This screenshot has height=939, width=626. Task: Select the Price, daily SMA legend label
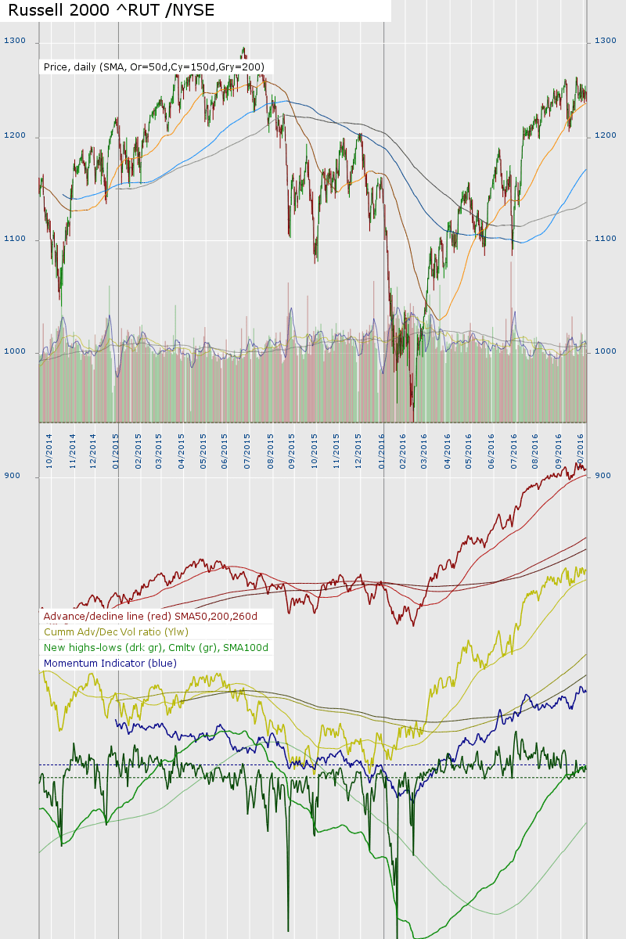[x=153, y=67]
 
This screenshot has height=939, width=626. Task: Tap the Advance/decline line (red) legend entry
[x=156, y=617]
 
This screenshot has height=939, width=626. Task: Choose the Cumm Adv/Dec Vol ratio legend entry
[x=116, y=631]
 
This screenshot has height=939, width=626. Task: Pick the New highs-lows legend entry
[x=156, y=647]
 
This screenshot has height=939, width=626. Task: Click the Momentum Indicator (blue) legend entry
[x=110, y=663]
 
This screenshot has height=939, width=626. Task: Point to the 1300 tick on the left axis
[x=15, y=41]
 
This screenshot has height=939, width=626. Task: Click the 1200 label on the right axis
[x=606, y=136]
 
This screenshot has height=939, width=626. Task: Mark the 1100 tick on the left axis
[x=15, y=239]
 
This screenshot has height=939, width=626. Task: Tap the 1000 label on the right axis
[x=606, y=351]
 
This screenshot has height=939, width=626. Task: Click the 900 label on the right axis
[x=603, y=476]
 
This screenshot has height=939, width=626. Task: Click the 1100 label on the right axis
[x=606, y=239]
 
